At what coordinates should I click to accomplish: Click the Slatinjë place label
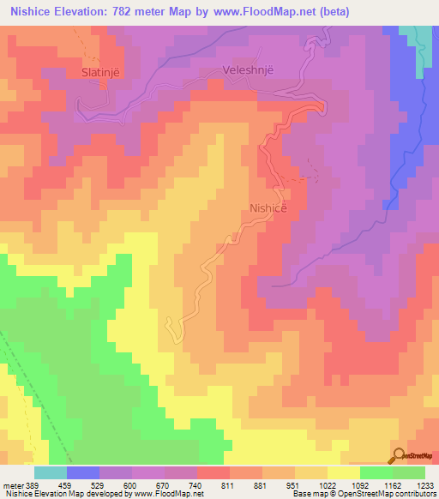(x=103, y=72)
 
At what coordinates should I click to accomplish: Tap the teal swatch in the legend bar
(x=51, y=472)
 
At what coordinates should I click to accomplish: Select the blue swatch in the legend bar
(x=83, y=472)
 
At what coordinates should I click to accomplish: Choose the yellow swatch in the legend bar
(x=344, y=472)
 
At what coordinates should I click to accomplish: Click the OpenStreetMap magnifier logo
(x=399, y=454)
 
